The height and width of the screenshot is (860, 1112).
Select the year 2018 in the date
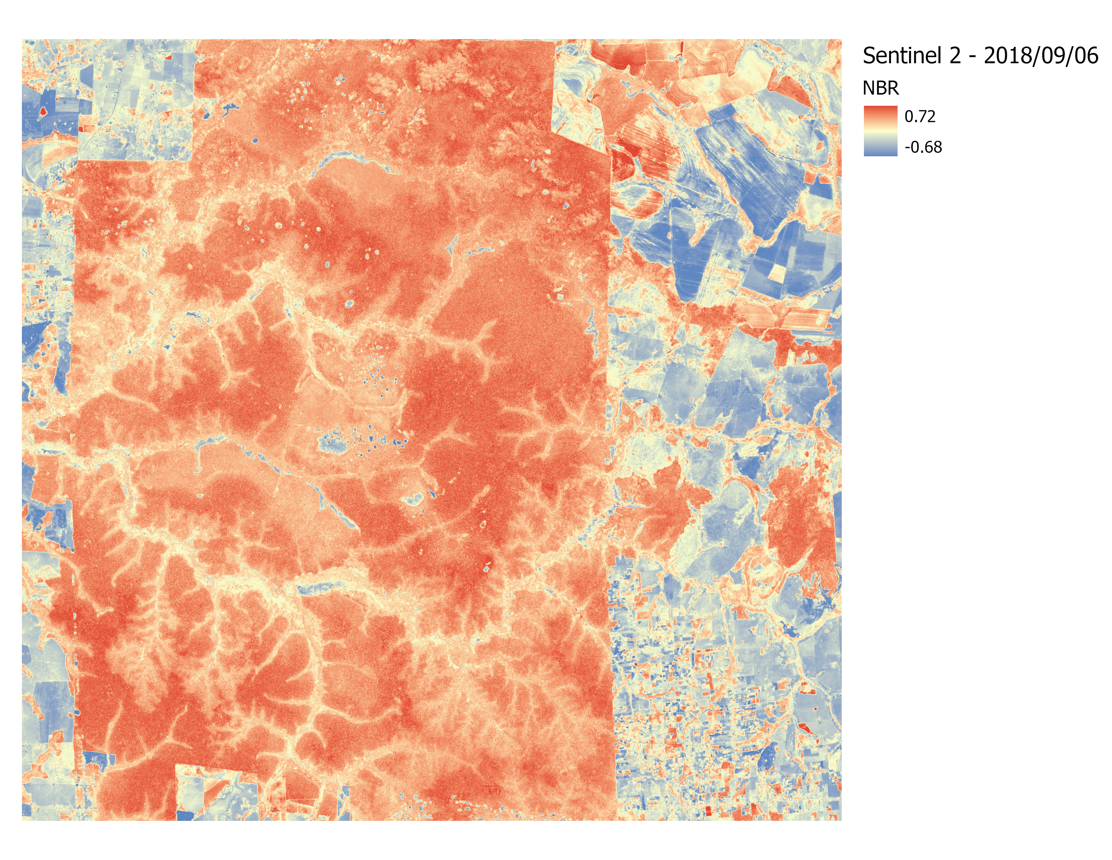(x=1007, y=55)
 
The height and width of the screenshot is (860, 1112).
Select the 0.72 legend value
(x=920, y=117)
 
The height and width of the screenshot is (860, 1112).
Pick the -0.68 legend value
(x=923, y=147)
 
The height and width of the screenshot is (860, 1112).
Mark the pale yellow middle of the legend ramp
(x=880, y=131)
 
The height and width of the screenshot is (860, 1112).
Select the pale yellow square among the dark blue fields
(x=777, y=273)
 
